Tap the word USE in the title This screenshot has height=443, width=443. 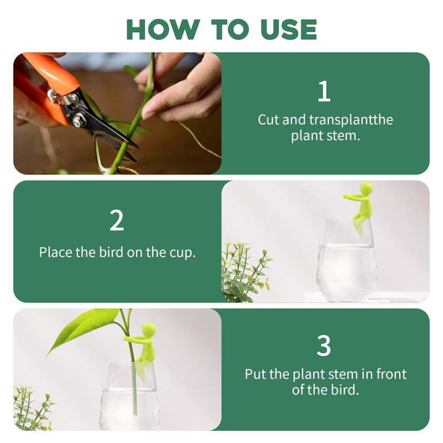point(289,29)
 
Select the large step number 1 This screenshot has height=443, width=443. point(324,91)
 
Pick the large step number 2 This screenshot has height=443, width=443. point(117,220)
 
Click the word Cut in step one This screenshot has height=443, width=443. point(269,120)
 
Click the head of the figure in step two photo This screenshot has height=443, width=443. point(367,188)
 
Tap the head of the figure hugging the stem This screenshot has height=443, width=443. point(149,329)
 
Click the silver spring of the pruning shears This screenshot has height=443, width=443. point(54,95)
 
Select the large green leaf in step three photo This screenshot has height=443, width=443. point(83,329)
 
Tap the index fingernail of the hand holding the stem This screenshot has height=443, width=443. point(149,114)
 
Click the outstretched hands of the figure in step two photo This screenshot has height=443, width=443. point(346,196)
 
